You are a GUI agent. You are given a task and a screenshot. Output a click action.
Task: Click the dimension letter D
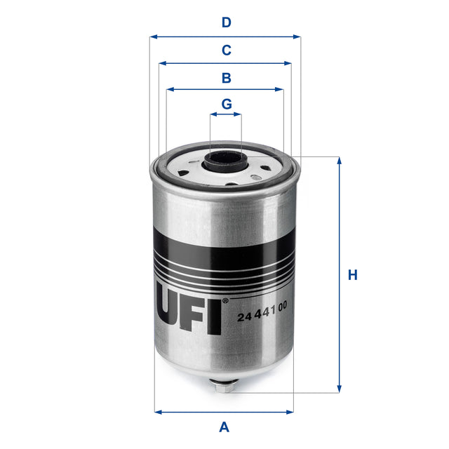pos(225,22)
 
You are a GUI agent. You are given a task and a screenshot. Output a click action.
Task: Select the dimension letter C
pos(225,50)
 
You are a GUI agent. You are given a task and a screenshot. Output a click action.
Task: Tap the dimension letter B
pos(225,77)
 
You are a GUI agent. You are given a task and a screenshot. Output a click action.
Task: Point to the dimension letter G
pos(226,104)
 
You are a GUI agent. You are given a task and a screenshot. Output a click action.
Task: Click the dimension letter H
pos(353,275)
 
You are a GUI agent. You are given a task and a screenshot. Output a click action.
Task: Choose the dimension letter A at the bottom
pos(224,426)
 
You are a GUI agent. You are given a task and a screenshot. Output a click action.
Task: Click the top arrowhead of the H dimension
pos(340,161)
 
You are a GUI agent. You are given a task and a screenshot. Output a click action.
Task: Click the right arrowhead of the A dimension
pos(291,411)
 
